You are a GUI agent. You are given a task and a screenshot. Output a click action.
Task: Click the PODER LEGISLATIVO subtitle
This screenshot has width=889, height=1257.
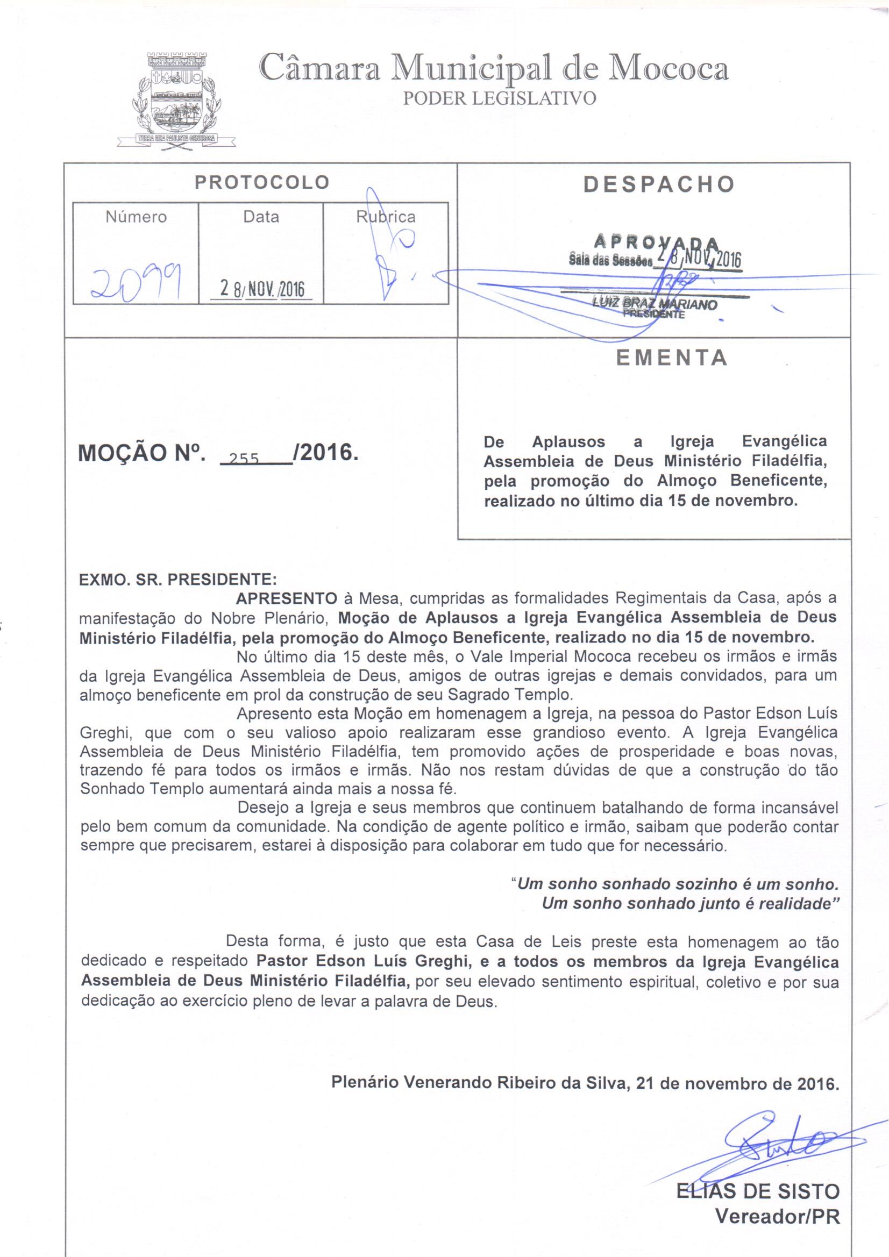pos(499,98)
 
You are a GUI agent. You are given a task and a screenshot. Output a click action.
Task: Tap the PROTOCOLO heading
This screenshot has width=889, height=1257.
pos(262,182)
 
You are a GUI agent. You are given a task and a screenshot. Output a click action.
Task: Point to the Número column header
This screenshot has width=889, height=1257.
pos(137,217)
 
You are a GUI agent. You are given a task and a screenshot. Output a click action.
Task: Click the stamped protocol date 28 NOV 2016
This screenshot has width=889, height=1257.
pos(261,289)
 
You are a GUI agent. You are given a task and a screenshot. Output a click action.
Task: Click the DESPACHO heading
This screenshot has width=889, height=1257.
pos(658,184)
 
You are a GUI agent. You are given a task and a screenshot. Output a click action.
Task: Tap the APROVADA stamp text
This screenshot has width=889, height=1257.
pos(656,241)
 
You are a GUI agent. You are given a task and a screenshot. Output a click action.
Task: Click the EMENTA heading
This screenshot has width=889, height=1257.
pos(672,358)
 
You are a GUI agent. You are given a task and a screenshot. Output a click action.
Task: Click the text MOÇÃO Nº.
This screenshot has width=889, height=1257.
pos(143,453)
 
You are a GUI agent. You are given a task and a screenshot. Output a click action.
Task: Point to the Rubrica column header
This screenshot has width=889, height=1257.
pos(386,217)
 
